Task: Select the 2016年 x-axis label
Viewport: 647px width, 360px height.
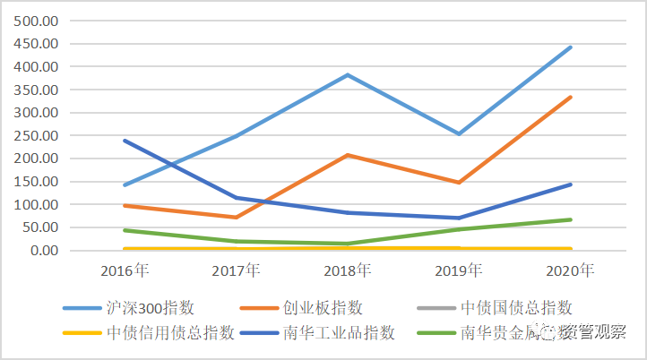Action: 125,270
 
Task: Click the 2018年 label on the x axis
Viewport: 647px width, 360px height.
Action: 348,270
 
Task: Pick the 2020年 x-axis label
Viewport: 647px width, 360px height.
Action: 571,270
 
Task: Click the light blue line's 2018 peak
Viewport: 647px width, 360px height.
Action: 348,74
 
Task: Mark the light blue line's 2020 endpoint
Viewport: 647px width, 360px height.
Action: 571,47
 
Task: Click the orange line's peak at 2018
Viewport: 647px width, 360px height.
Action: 348,155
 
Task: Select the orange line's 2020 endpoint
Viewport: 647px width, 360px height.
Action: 571,97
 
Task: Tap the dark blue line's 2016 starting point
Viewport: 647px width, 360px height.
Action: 125,141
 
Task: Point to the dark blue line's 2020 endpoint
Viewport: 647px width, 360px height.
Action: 571,184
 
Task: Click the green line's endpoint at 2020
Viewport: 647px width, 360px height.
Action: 571,219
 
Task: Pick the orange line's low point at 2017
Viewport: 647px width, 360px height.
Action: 237,217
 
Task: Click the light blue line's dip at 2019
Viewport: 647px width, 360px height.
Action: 459,133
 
